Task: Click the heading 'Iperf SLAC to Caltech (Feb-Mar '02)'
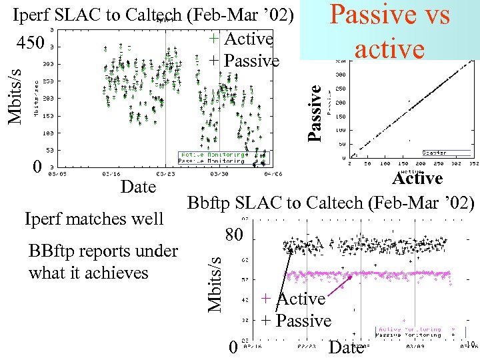click(153, 15)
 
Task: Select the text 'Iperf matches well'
click(93, 219)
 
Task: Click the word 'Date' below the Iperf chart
click(138, 187)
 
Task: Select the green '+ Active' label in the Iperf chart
click(241, 39)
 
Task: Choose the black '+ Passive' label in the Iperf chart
click(244, 61)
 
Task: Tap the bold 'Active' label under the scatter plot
click(417, 179)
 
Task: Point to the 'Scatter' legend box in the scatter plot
click(434, 153)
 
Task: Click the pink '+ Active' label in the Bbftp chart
click(293, 299)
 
